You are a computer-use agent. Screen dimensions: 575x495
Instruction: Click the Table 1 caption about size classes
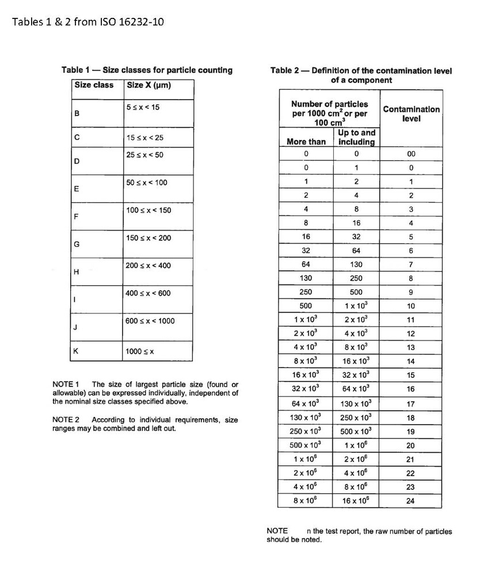tap(147, 70)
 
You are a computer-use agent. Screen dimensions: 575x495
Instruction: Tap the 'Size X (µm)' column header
tap(148, 85)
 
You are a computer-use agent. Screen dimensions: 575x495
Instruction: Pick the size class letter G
tap(77, 244)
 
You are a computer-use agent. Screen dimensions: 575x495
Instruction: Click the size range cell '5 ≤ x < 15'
tap(143, 108)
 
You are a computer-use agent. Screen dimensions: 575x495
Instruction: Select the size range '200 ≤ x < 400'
tap(148, 266)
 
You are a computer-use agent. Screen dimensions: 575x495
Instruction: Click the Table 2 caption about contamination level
tap(361, 75)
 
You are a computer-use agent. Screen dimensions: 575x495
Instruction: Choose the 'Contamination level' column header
tap(411, 114)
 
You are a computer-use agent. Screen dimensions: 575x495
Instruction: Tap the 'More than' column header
tap(306, 142)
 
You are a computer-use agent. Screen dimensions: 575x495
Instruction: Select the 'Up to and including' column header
tap(356, 137)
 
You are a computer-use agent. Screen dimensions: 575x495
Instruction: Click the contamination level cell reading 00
tap(410, 154)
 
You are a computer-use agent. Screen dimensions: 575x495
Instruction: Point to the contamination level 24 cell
tap(410, 501)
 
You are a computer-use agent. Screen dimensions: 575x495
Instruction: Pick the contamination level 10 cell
tap(410, 307)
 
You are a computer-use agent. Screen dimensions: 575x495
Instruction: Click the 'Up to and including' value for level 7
tap(356, 264)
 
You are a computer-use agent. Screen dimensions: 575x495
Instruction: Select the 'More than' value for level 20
tap(306, 445)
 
